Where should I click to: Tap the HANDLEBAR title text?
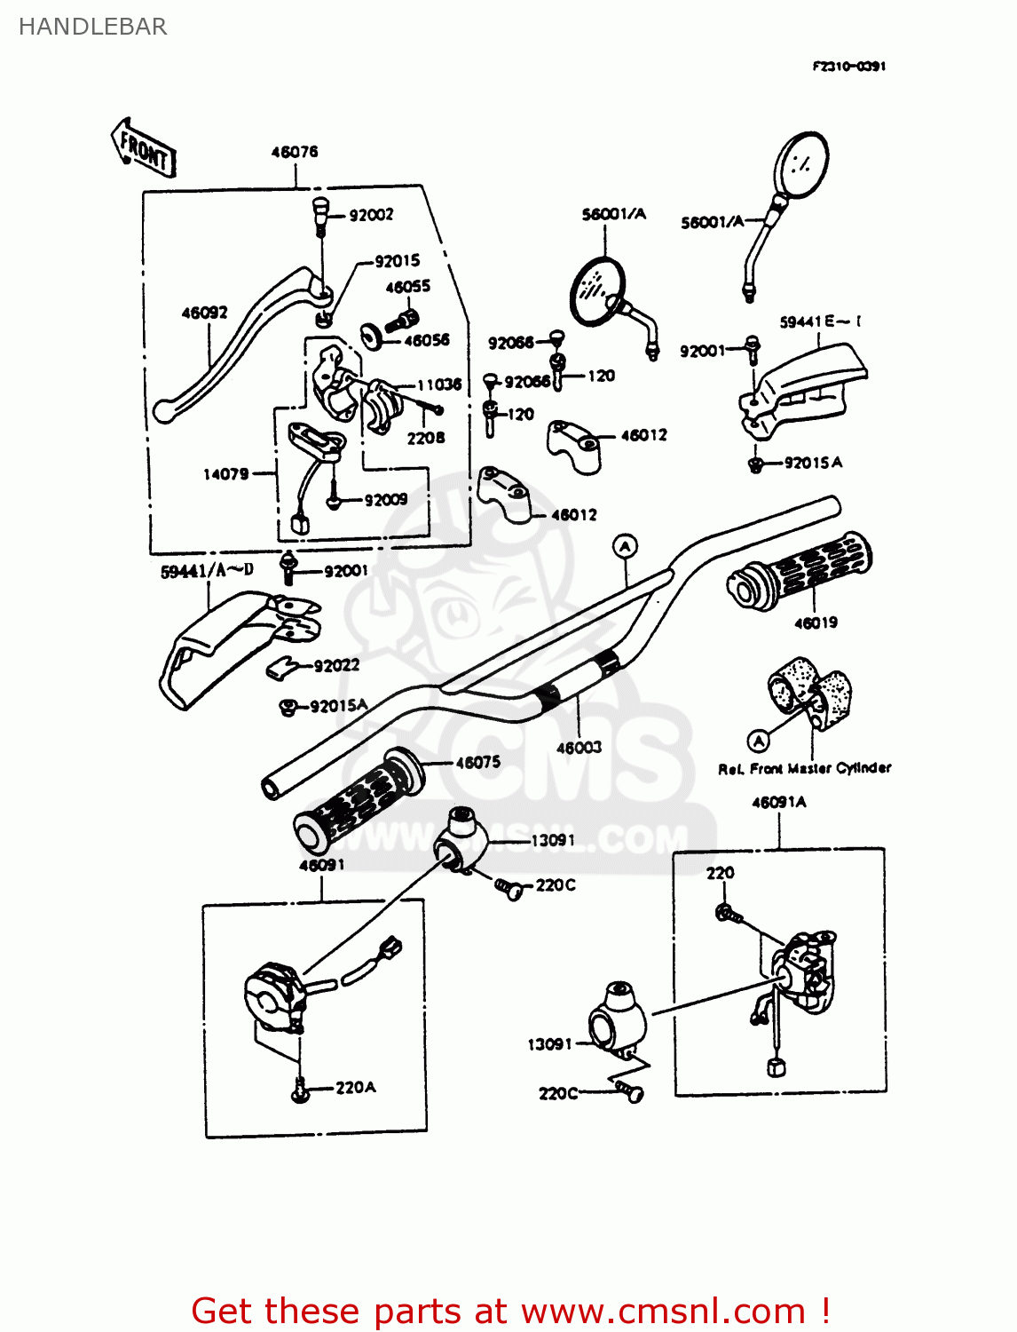pyautogui.click(x=92, y=27)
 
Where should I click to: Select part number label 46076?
pyautogui.click(x=294, y=152)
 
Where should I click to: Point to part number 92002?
pyautogui.click(x=371, y=215)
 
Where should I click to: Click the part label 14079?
pyautogui.click(x=225, y=474)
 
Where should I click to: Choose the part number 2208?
pyautogui.click(x=425, y=438)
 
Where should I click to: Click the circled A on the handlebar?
pyautogui.click(x=626, y=546)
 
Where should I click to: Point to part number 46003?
pyautogui.click(x=579, y=748)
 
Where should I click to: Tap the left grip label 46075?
pyautogui.click(x=477, y=762)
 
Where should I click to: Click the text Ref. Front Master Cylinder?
pyautogui.click(x=804, y=768)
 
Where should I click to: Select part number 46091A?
pyautogui.click(x=778, y=802)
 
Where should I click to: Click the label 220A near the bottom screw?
pyautogui.click(x=355, y=1087)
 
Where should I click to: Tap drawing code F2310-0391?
pyautogui.click(x=848, y=66)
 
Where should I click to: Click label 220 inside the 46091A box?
pyautogui.click(x=720, y=873)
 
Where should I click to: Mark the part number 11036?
pyautogui.click(x=439, y=385)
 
